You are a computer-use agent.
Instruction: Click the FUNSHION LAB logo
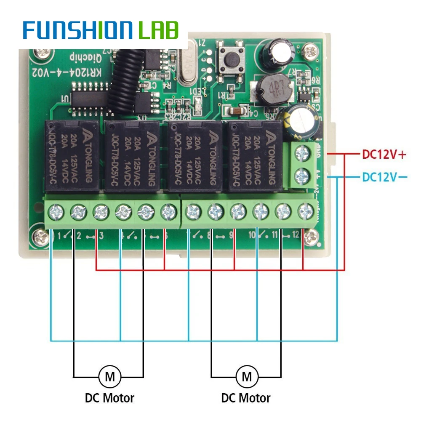coord(101,30)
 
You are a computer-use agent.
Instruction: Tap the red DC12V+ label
coord(384,155)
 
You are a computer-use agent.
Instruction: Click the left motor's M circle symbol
coord(110,376)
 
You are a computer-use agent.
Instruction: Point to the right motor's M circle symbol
coord(247,376)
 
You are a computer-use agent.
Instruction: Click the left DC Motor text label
coord(109,398)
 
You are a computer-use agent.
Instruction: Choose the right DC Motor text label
coord(246,398)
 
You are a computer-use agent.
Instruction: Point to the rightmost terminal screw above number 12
coord(306,211)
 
